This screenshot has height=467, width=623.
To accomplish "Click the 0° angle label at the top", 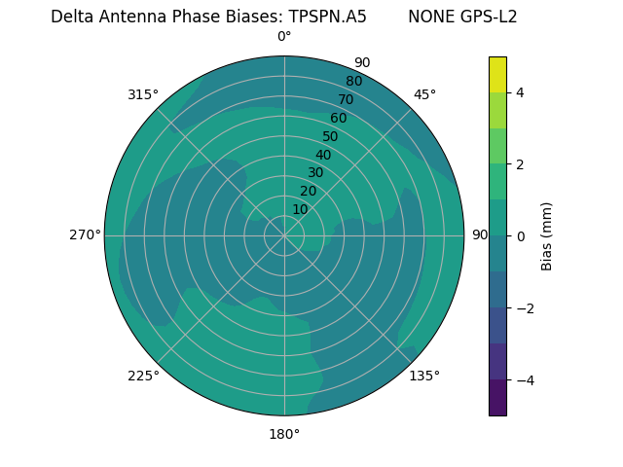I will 284,37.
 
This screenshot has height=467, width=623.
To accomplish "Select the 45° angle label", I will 424,94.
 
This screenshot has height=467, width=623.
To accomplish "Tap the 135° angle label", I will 424,376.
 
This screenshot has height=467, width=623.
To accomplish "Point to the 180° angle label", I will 284,434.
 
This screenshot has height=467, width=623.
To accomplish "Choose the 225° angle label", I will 143,376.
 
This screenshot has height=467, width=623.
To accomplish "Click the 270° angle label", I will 85,234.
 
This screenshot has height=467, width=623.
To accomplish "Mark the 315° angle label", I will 143,94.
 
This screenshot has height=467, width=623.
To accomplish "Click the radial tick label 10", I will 300,209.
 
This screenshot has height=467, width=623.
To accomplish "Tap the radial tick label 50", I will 330,136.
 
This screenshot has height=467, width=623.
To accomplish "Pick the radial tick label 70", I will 346,99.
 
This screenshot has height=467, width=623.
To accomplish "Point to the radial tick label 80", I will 353,81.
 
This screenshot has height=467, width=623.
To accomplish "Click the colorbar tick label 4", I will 521,92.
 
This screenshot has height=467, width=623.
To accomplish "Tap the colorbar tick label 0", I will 521,235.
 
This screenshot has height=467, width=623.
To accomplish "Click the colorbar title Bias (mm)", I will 547,235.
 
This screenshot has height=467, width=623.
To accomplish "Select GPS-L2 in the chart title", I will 490,17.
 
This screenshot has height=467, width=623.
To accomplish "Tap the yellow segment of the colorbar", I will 497,74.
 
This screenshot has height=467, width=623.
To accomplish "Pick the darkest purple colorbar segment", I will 497,398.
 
